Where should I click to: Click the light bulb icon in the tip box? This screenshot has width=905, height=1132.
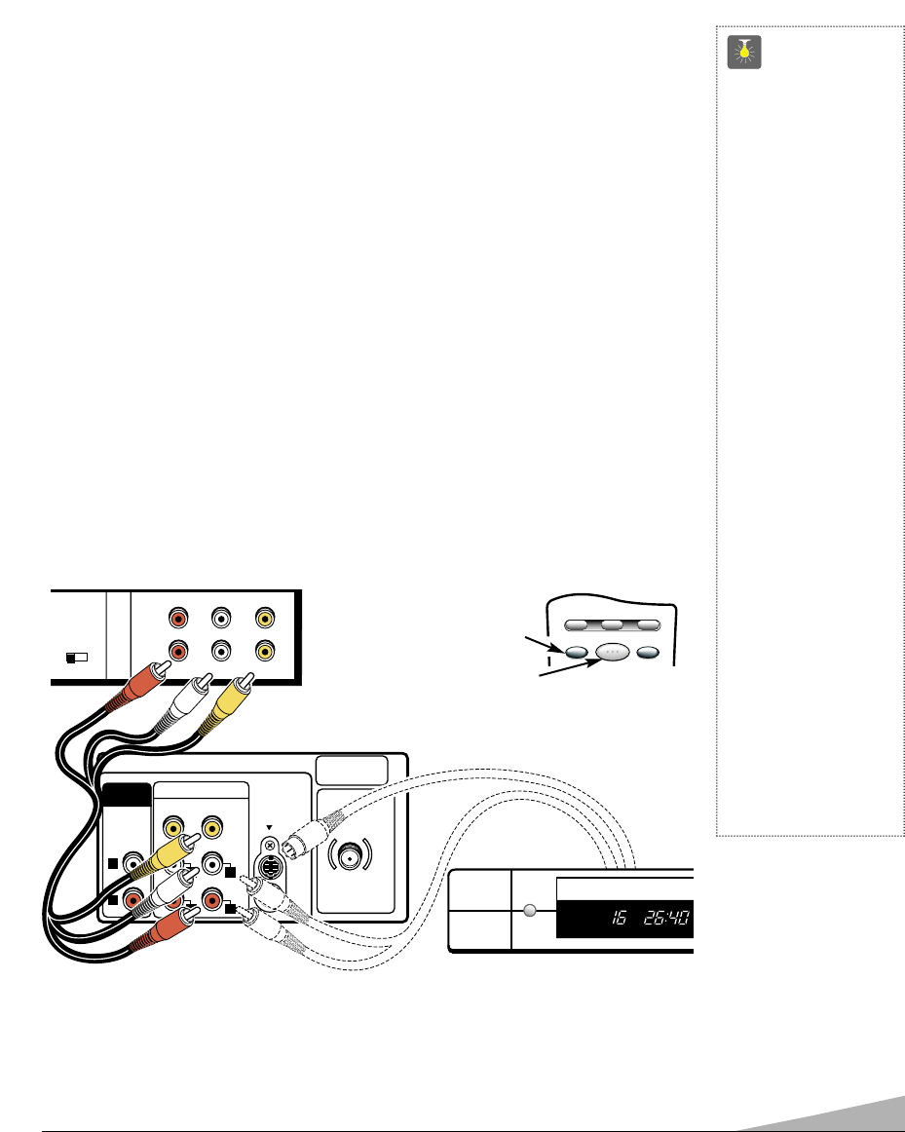[744, 54]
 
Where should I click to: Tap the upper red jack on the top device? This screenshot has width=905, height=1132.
[178, 617]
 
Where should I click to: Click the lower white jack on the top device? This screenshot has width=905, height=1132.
[222, 649]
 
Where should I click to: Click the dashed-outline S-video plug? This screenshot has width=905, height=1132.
[298, 823]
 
